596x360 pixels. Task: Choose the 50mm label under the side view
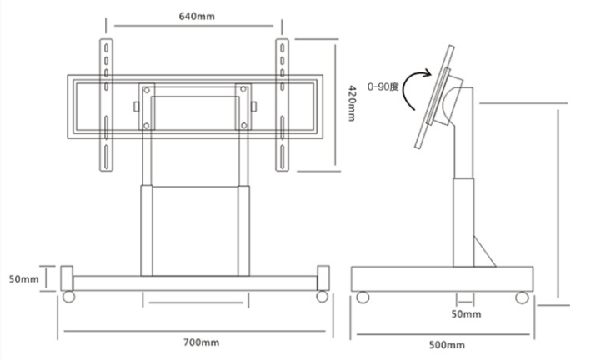pyautogui.click(x=466, y=314)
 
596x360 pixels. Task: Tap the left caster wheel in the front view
pyautogui.click(x=68, y=296)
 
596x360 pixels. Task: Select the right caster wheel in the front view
pyautogui.click(x=321, y=296)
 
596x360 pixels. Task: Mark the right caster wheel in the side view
pyautogui.click(x=523, y=297)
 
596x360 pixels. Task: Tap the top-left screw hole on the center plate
pyautogui.click(x=147, y=90)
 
